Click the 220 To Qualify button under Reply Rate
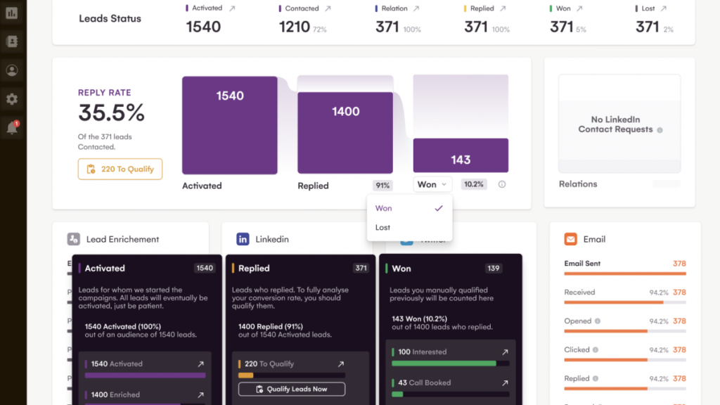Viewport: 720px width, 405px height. coord(120,169)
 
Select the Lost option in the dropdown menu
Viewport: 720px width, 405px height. coord(382,227)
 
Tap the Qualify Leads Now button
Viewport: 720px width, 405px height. coord(292,389)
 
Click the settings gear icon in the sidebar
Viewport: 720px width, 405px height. coord(12,99)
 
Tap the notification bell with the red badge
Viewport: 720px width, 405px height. coord(12,128)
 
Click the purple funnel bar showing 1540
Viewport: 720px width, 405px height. coord(229,125)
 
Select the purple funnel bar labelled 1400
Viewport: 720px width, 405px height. coord(345,132)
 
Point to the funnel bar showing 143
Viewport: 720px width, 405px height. coord(461,155)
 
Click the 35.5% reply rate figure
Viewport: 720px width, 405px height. coord(111,112)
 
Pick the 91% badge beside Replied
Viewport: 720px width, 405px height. coord(382,185)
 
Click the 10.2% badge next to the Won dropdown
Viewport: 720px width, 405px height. coord(473,184)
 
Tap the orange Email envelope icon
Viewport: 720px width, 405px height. coord(571,239)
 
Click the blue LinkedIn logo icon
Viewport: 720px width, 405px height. coord(243,239)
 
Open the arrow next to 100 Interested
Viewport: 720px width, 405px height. coord(504,352)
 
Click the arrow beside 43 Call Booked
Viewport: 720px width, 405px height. coord(504,383)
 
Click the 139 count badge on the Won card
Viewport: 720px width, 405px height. coord(494,268)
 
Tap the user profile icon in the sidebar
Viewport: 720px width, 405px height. coord(12,70)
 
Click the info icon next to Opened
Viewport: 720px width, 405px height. coord(598,321)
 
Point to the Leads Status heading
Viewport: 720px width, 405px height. coord(110,19)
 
